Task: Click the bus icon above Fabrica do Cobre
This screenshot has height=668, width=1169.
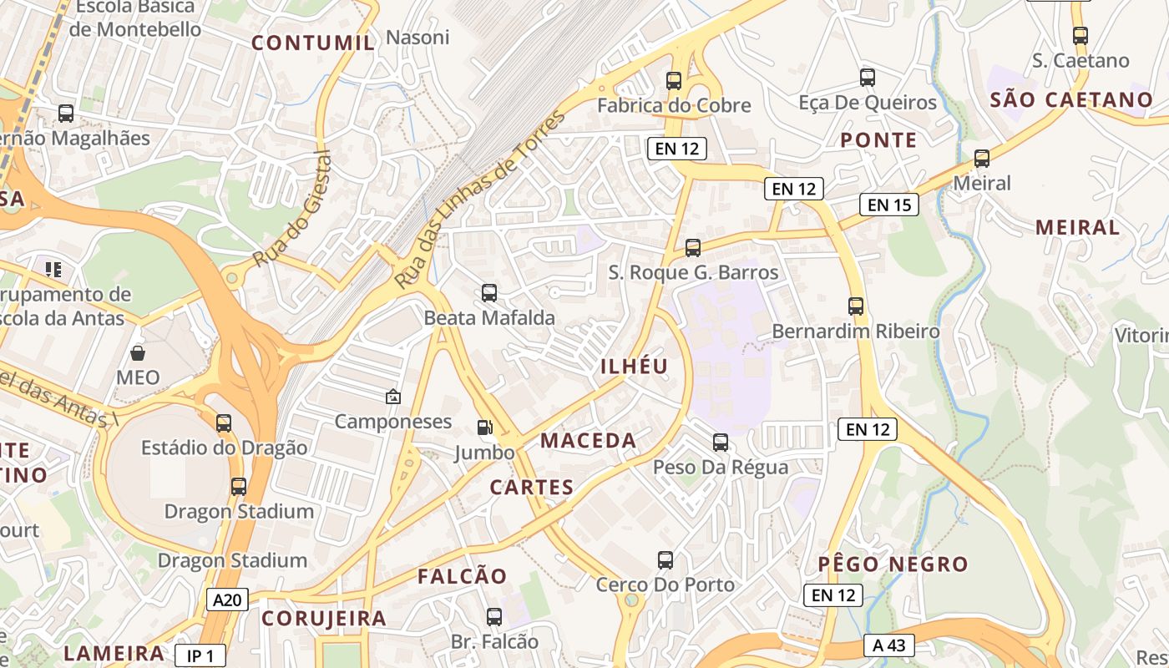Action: point(674,81)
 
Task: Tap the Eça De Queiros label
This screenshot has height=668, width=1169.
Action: point(868,103)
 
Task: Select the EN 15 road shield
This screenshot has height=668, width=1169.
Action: point(889,205)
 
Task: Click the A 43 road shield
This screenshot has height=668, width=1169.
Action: point(889,645)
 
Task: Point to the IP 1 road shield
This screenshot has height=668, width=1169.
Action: point(200,656)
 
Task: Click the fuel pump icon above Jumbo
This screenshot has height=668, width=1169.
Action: point(484,428)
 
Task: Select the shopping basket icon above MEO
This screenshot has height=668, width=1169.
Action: point(138,353)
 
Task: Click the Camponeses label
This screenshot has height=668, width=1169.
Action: point(393,422)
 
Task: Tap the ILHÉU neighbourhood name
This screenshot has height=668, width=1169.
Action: point(635,367)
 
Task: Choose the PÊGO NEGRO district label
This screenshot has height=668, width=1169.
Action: point(893,564)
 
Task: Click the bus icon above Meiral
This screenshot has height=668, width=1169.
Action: point(982,158)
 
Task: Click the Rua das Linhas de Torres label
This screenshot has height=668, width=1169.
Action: point(480,201)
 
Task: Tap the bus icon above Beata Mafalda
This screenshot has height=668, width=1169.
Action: point(489,293)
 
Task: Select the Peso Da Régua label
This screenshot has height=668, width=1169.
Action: point(721,467)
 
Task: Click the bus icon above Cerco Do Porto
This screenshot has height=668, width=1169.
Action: point(665,560)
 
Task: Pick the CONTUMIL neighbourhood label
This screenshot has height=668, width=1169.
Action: point(313,43)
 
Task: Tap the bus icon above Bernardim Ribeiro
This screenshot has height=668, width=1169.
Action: point(856,306)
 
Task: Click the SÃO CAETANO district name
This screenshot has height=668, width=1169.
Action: point(1071,100)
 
